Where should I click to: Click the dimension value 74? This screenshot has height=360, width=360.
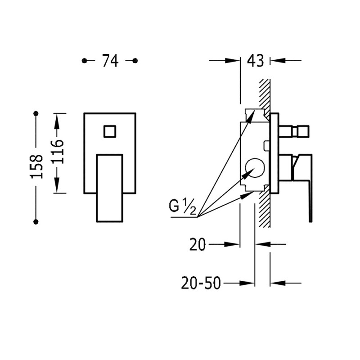[x=110, y=61]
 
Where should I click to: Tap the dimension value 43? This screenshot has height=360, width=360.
[x=255, y=61]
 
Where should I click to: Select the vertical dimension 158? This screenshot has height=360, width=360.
[x=36, y=166]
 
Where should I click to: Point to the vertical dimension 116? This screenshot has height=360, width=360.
[x=57, y=151]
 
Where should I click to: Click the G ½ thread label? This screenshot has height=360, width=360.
[x=182, y=207]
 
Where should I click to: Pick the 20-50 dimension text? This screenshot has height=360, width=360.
[x=201, y=283]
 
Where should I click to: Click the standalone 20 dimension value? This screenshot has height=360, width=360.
[x=198, y=244]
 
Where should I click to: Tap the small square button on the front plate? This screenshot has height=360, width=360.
[x=110, y=131]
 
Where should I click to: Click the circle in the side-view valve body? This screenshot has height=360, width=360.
[x=255, y=168]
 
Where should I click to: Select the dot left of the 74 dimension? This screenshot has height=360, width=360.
[x=84, y=61]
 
